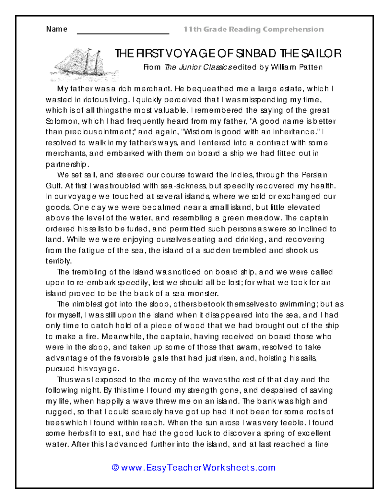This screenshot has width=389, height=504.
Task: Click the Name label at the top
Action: tap(56, 29)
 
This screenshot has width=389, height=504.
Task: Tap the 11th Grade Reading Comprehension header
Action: tap(253, 30)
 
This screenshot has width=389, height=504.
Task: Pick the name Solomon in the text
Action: tap(62, 121)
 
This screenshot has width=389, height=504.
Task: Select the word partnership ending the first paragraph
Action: tap(66, 164)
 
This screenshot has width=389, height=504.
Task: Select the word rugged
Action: tap(59, 412)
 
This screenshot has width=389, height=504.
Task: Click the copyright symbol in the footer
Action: tap(115, 468)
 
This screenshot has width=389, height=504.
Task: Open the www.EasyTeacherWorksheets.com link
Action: tap(198, 468)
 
